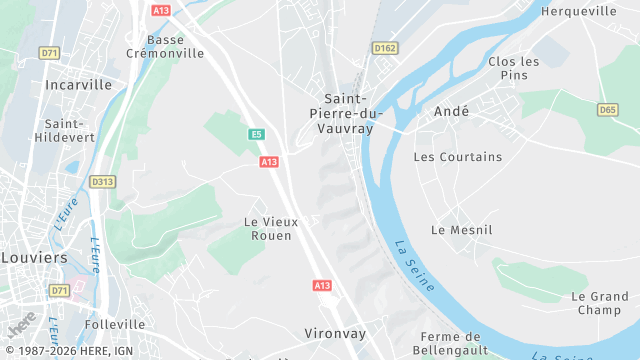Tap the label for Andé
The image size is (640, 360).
pos(451,112)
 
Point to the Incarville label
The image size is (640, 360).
pos(78,85)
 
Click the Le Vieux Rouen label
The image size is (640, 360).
pos(268,228)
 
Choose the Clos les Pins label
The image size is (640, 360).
pos(514,68)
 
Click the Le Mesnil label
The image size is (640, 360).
pos(462,230)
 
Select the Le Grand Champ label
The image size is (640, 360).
pos(600,303)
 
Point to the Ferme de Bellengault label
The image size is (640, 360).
pos(453,343)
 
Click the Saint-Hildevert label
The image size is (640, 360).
pos(65,130)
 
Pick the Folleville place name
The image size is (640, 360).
pos(115,324)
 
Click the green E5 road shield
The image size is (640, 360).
pos(257,134)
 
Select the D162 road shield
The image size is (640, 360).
pos(385,48)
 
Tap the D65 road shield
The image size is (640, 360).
pos(608,110)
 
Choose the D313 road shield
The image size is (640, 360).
pos(102,182)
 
